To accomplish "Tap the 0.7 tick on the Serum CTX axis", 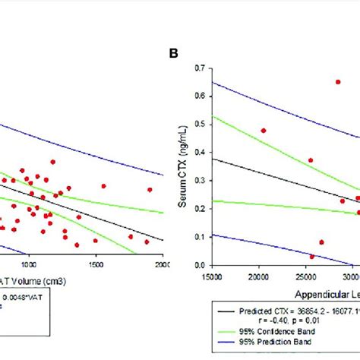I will (x=201, y=68).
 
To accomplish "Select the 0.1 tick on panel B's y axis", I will (x=201, y=237).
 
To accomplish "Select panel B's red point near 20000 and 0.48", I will (x=264, y=131).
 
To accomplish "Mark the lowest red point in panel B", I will (x=312, y=257).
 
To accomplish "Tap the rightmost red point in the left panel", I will (x=150, y=190).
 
